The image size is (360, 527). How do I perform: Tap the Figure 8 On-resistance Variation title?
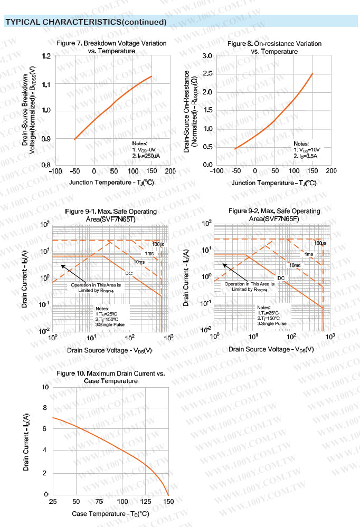pyautogui.click(x=274, y=47)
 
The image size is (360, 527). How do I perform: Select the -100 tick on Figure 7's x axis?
pyautogui.click(x=55, y=171)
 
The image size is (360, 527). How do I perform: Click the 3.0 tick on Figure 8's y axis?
pyautogui.click(x=207, y=56)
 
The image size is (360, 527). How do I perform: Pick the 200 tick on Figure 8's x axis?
pyautogui.click(x=331, y=171)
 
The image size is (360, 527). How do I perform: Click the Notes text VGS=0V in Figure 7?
pyautogui.click(x=144, y=150)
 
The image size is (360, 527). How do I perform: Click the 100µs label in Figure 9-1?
pyautogui.click(x=158, y=244)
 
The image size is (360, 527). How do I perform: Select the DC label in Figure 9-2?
pyautogui.click(x=281, y=277)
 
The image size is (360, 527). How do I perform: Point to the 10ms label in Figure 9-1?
pyautogui.click(x=139, y=262)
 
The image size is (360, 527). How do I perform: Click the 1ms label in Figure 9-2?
pyautogui.click(x=309, y=254)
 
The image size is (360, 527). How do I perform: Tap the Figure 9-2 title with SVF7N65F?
pyautogui.click(x=274, y=215)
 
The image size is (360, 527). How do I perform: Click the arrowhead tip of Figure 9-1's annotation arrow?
pyautogui.click(x=61, y=265)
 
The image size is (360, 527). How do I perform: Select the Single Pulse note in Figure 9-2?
pyautogui.click(x=272, y=323)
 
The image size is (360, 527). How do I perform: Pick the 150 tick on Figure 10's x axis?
pyautogui.click(x=168, y=501)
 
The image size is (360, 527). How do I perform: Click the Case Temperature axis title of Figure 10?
pyautogui.click(x=110, y=513)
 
